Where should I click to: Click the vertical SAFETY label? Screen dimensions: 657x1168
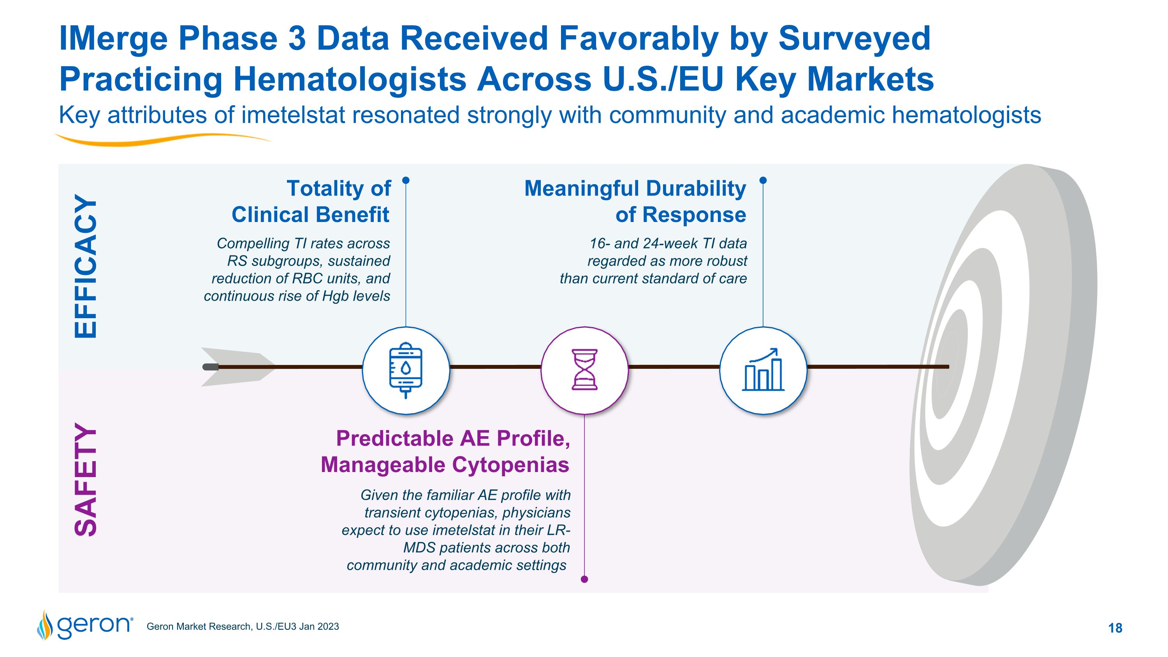tap(86, 480)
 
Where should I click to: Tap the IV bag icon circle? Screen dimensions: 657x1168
tap(406, 370)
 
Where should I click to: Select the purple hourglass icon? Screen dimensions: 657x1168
tap(584, 370)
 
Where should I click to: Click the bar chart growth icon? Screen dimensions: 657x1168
tap(763, 370)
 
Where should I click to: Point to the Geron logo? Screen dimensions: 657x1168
tap(85, 625)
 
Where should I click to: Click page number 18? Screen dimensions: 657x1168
tap(1115, 628)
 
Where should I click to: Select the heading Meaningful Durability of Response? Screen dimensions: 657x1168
tap(635, 201)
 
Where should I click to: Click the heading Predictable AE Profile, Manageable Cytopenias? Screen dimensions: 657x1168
tap(445, 452)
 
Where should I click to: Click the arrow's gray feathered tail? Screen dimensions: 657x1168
tap(236, 367)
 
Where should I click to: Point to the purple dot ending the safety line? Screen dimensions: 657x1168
tap(584, 579)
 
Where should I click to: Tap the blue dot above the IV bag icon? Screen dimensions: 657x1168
tap(406, 180)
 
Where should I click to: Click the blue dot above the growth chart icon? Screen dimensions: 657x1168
tap(763, 180)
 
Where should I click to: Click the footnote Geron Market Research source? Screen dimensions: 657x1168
tap(243, 627)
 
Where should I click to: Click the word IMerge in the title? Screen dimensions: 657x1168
tap(113, 39)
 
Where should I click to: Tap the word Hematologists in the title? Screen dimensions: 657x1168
tap(350, 79)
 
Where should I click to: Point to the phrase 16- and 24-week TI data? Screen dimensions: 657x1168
tap(667, 243)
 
